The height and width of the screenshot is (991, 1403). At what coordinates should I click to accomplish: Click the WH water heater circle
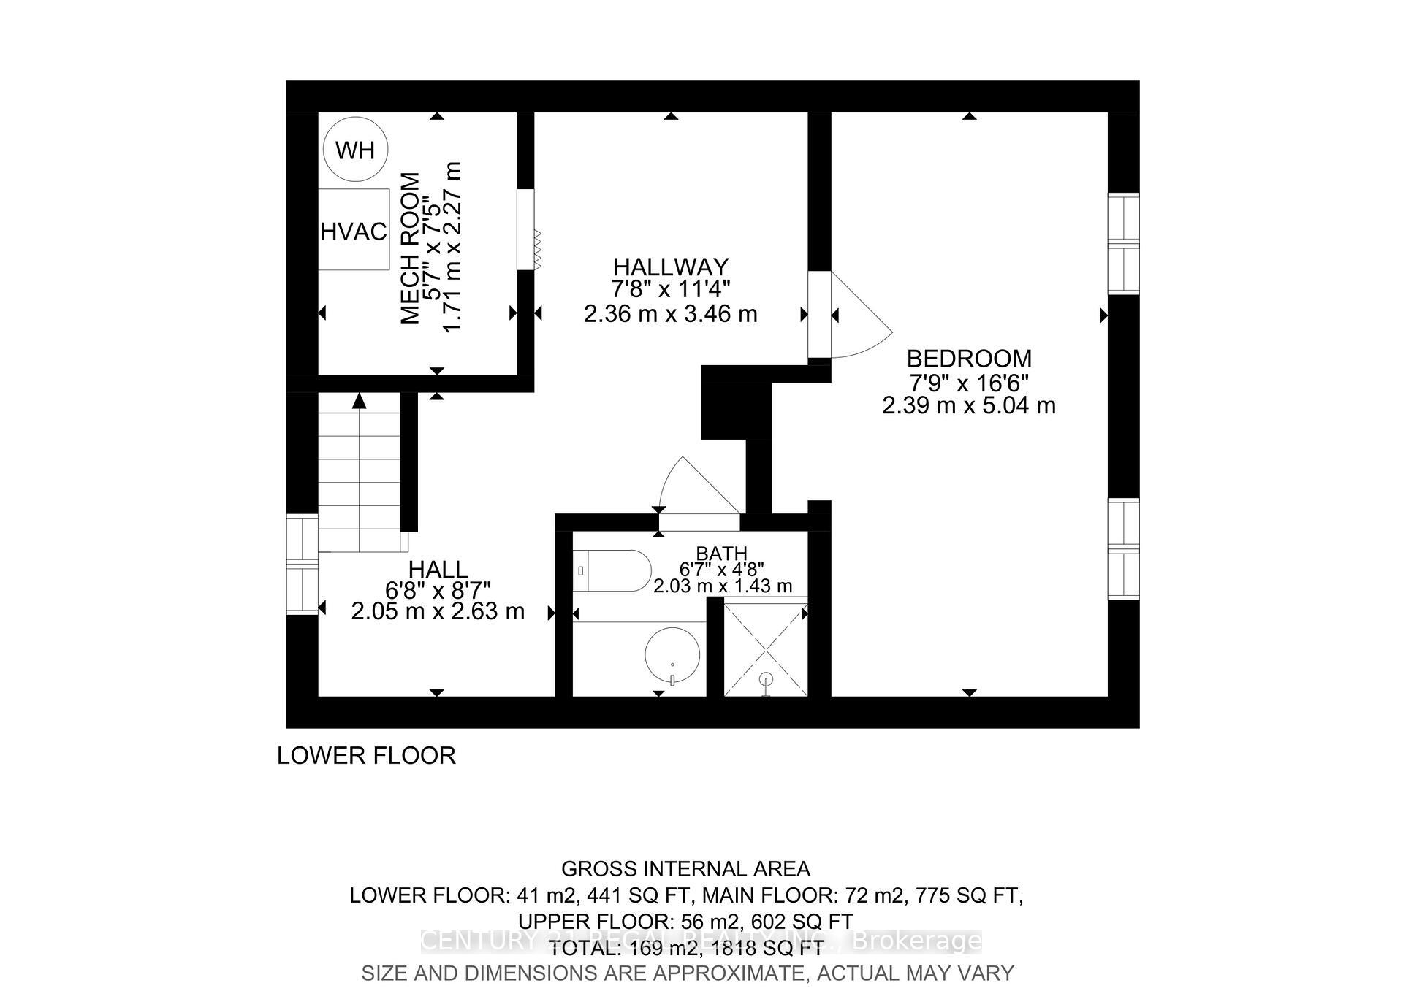point(355,150)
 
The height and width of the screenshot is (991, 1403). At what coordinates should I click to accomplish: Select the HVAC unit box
point(354,229)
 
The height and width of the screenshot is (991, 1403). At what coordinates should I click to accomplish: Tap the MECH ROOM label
point(411,248)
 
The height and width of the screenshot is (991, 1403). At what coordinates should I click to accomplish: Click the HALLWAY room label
point(671,267)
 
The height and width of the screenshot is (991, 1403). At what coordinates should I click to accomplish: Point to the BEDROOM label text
point(969,359)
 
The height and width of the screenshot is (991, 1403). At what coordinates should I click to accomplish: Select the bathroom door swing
point(694,486)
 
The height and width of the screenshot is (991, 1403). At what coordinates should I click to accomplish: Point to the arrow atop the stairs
point(359,401)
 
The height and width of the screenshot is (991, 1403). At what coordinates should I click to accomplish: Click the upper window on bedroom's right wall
point(1123,243)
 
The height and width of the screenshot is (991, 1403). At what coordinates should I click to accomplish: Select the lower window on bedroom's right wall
point(1123,548)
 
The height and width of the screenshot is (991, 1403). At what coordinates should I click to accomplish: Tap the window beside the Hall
point(302,565)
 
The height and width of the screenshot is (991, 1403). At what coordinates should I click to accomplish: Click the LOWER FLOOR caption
point(366,755)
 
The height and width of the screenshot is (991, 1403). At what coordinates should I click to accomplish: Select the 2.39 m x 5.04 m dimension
point(969,405)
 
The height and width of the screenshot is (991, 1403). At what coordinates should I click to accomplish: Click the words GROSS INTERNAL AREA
point(685,869)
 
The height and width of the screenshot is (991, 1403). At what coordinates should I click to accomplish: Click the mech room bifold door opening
point(526,229)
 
